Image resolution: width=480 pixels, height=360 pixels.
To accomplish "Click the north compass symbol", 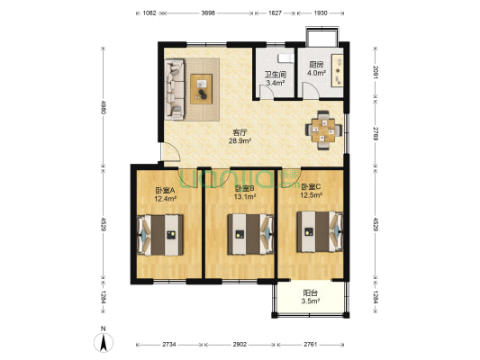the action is click(x=104, y=342).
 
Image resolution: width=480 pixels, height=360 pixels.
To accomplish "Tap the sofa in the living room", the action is click(x=175, y=89).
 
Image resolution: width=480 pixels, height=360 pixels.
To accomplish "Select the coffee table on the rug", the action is click(x=202, y=89).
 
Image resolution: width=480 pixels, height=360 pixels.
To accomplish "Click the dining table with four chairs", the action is click(x=323, y=130).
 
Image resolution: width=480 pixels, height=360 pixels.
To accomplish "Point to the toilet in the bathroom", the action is click(x=285, y=58).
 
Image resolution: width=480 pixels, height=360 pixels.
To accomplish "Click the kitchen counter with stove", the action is click(x=338, y=71).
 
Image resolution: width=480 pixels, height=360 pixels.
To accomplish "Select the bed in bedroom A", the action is click(x=160, y=235).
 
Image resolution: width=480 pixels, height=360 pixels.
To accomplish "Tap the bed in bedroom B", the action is click(x=250, y=234).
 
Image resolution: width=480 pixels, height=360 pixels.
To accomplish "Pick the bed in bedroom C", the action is click(x=320, y=231).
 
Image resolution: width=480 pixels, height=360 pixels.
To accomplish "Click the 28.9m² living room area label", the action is click(x=240, y=140).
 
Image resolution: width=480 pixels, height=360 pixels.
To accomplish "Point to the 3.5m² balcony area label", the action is click(x=311, y=301).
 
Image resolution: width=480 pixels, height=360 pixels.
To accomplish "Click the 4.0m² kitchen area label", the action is click(x=316, y=73).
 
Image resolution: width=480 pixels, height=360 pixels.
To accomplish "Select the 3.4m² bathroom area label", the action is click(x=276, y=83).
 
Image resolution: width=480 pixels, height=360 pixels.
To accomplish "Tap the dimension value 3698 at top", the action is click(x=208, y=13).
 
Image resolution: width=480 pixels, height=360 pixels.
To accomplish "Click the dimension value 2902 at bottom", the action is click(x=240, y=345).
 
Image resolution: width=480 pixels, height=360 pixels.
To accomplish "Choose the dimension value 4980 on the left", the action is click(x=103, y=107).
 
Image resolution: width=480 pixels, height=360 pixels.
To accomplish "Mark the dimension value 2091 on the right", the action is click(x=375, y=73).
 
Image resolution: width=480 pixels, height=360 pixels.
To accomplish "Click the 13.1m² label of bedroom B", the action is click(x=245, y=197).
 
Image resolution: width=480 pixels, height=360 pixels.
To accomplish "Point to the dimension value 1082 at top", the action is click(x=149, y=13).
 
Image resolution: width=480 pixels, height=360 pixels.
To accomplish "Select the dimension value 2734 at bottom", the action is click(x=169, y=345).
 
